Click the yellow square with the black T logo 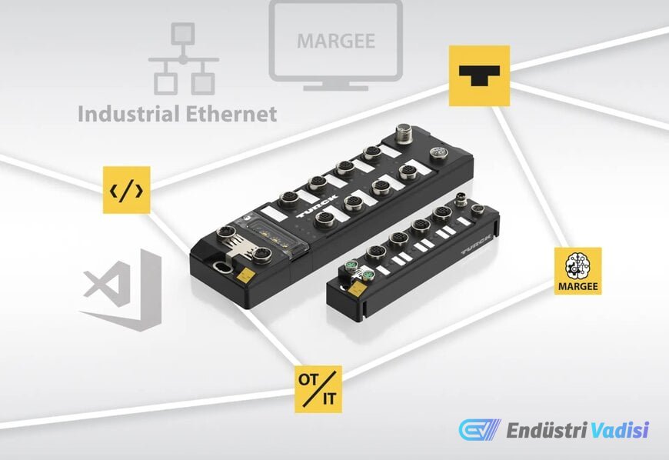(479, 75)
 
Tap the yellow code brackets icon (127, 190)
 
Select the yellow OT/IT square (318, 389)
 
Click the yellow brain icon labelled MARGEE (578, 271)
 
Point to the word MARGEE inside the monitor (336, 41)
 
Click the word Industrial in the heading (128, 114)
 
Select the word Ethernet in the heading (231, 114)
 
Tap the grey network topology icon (184, 59)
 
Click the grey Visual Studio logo (122, 291)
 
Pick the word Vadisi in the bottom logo (620, 430)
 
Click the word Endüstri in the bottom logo (547, 430)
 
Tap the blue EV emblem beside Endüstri (480, 429)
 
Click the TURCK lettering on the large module (317, 206)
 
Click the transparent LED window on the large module (277, 233)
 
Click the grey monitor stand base (336, 88)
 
